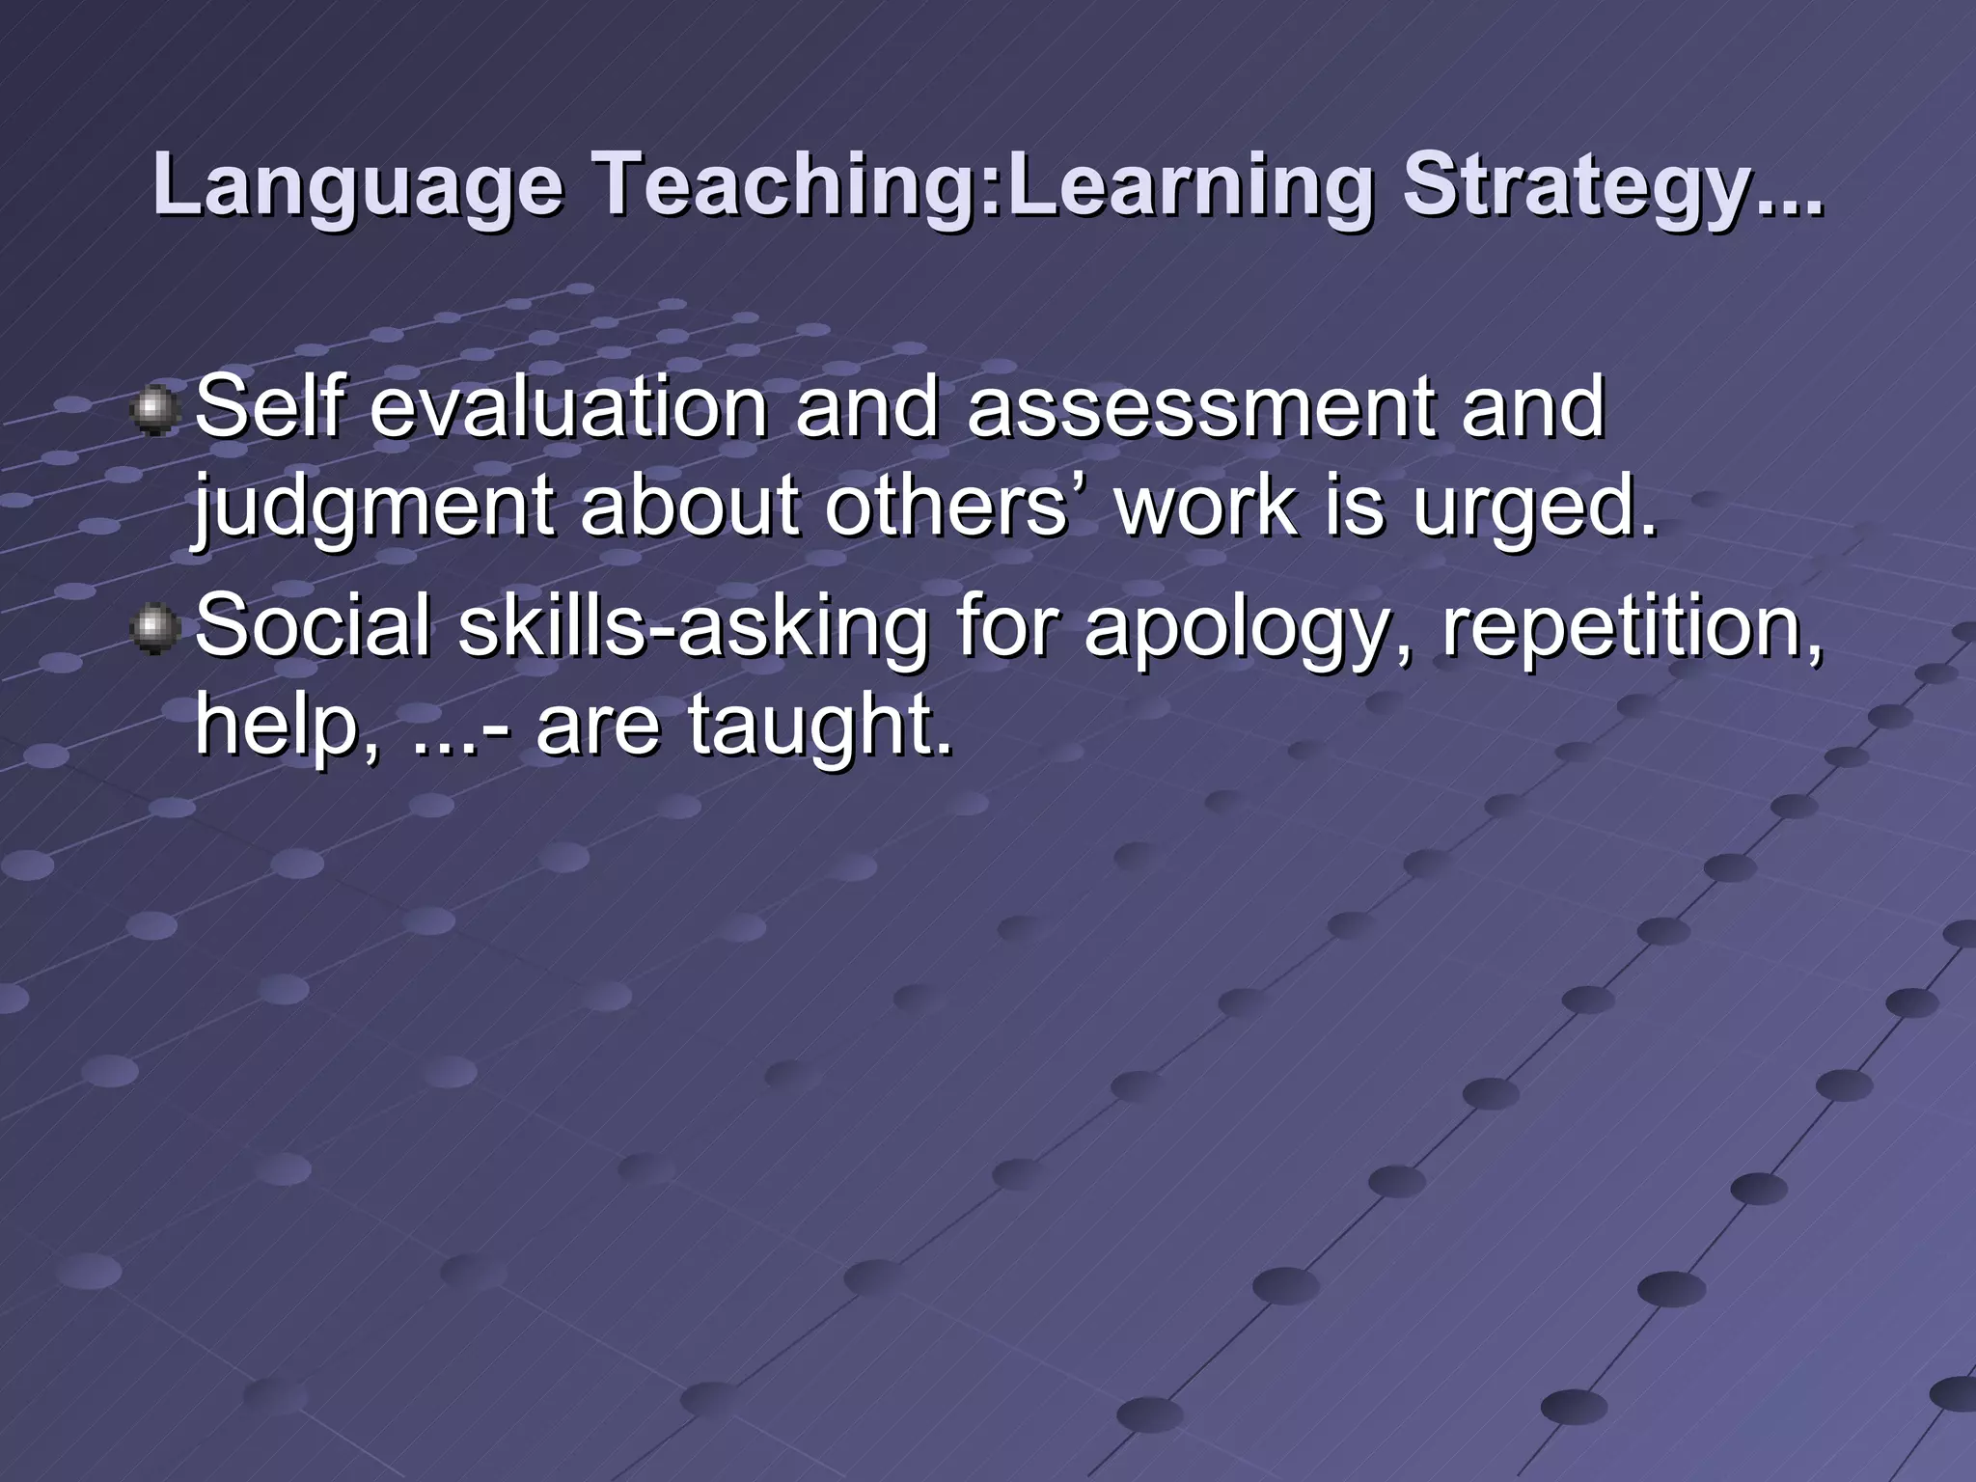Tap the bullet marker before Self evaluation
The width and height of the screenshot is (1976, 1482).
[153, 411]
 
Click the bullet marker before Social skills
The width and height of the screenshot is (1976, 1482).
[153, 630]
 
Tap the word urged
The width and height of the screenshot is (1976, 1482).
[1534, 509]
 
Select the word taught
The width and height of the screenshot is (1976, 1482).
[819, 726]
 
